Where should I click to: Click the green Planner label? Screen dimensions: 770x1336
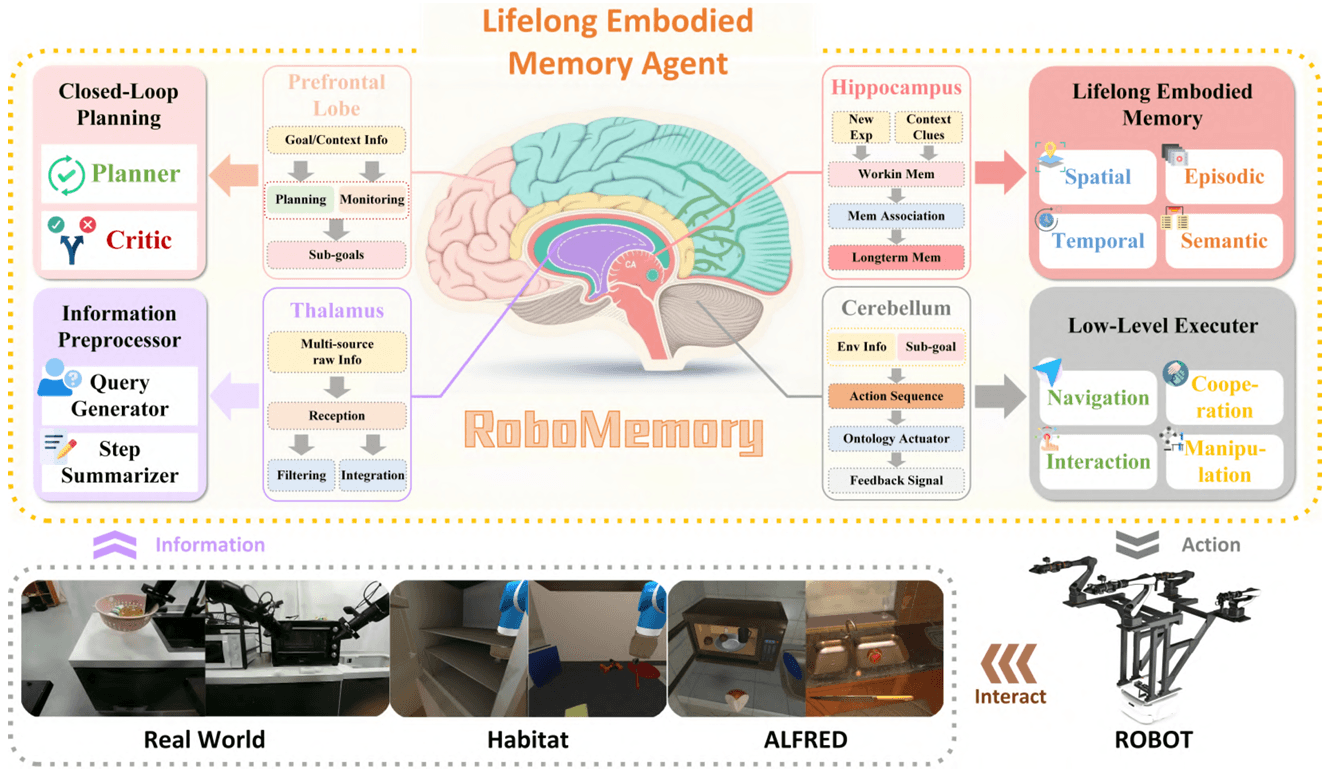click(x=137, y=174)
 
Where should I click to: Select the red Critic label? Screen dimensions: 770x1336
click(x=139, y=240)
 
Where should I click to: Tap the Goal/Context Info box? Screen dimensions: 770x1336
click(x=336, y=139)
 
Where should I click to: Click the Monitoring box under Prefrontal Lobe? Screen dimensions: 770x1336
click(x=372, y=198)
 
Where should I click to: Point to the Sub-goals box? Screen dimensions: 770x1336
click(x=336, y=254)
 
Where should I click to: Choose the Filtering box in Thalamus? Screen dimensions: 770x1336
click(x=300, y=474)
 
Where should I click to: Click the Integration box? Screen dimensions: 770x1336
click(x=372, y=474)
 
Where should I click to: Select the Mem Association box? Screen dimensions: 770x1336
click(x=896, y=215)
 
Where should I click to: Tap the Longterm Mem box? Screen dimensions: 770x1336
click(x=896, y=257)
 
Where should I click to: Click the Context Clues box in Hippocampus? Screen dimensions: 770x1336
click(x=928, y=126)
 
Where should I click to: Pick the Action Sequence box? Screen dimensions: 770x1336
click(x=896, y=396)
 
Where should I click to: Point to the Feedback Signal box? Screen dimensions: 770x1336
click(x=896, y=480)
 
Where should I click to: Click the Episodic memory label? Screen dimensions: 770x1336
click(x=1224, y=177)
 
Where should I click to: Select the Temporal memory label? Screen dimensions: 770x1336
click(x=1097, y=241)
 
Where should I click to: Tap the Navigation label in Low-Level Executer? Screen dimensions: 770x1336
click(x=1097, y=398)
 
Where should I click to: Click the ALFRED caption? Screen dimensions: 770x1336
click(x=805, y=741)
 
